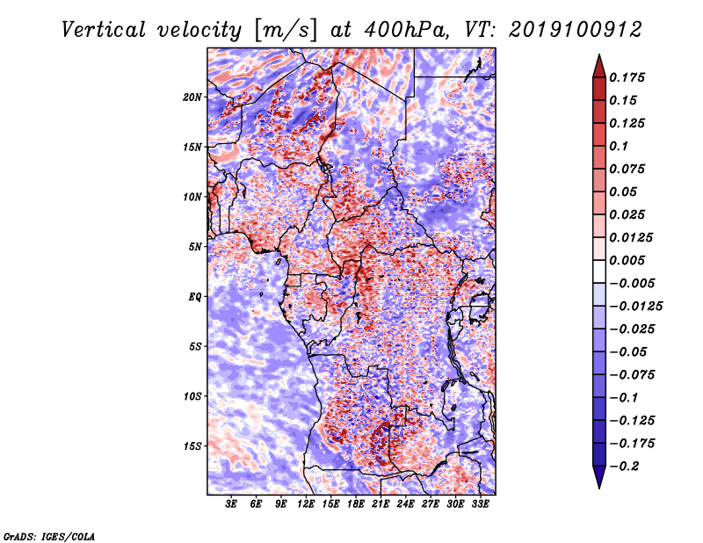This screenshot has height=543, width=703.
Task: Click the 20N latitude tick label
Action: pyautogui.click(x=192, y=97)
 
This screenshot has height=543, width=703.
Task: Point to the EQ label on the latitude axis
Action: pyautogui.click(x=194, y=297)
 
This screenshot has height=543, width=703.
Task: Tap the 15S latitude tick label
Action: pyautogui.click(x=192, y=446)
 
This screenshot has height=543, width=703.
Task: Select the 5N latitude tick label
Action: pyautogui.click(x=195, y=247)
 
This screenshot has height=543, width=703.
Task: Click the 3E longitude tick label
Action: pyautogui.click(x=231, y=504)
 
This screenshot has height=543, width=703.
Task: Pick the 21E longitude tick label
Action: pyautogui.click(x=380, y=504)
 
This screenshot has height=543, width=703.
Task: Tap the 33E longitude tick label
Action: pyautogui.click(x=480, y=504)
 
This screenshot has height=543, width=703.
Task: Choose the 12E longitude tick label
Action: pyautogui.click(x=306, y=504)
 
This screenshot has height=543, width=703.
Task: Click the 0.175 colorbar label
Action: pyautogui.click(x=627, y=77)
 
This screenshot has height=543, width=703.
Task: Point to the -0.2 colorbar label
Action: pyautogui.click(x=624, y=467)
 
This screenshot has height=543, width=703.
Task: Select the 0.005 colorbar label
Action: pyautogui.click(x=627, y=260)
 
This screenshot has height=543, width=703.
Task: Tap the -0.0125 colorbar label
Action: pyautogui.click(x=635, y=307)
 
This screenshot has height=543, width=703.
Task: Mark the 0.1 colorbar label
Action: pyautogui.click(x=619, y=146)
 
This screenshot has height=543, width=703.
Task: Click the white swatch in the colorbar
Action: pyautogui.click(x=599, y=271)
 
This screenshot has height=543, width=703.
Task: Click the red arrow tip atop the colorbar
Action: pyautogui.click(x=599, y=54)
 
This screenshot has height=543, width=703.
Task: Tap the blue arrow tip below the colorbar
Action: pyautogui.click(x=599, y=488)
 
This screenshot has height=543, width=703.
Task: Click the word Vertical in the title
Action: pyautogui.click(x=104, y=30)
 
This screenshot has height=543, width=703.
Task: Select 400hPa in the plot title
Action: pyautogui.click(x=405, y=30)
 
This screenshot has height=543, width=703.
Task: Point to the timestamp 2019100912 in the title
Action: pyautogui.click(x=576, y=30)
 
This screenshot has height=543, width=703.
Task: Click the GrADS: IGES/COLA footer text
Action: pyautogui.click(x=49, y=536)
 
